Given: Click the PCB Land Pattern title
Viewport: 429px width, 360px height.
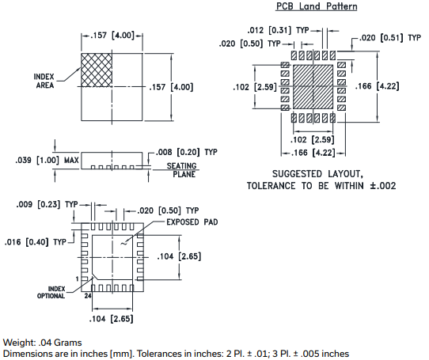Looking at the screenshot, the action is click(x=317, y=6).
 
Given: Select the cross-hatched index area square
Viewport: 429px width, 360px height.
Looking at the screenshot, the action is click(x=97, y=70).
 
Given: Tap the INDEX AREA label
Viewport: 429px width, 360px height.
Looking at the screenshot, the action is click(x=44, y=81).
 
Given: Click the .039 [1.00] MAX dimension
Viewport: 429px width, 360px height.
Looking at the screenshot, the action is click(x=47, y=161).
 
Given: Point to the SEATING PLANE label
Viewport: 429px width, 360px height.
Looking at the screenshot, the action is click(x=182, y=170).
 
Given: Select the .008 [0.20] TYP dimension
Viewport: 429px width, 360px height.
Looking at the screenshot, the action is click(x=186, y=152).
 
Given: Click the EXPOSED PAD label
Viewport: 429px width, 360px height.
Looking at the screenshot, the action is click(x=192, y=222).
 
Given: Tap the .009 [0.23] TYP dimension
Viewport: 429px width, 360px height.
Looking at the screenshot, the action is click(x=47, y=204).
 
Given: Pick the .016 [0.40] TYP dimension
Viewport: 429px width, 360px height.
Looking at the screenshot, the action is click(x=36, y=242).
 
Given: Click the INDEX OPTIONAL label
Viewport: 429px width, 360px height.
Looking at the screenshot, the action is click(x=51, y=293).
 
